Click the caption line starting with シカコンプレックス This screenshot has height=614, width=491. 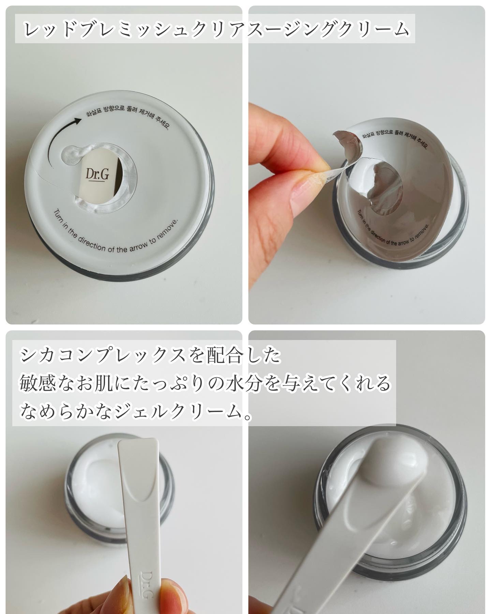click(x=150, y=356)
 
